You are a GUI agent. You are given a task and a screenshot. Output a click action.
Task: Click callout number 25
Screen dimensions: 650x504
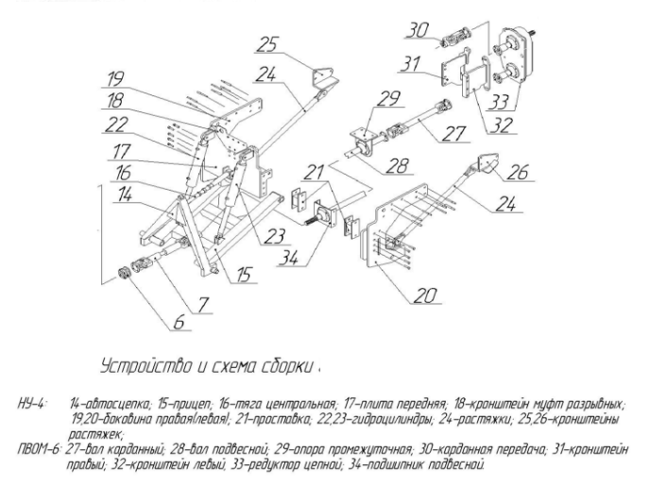pyautogui.click(x=266, y=44)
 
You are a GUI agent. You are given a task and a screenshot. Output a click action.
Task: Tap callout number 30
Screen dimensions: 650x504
pyautogui.click(x=418, y=30)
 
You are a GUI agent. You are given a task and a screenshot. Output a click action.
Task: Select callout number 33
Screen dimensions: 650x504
pyautogui.click(x=498, y=102)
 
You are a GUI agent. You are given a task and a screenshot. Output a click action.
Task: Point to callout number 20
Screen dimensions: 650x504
pyautogui.click(x=425, y=295)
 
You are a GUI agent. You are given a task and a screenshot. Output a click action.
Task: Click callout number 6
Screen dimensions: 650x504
pyautogui.click(x=179, y=322)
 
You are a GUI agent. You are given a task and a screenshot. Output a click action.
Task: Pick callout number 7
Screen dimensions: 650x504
pyautogui.click(x=203, y=305)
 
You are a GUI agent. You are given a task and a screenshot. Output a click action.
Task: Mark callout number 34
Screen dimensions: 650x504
pyautogui.click(x=288, y=258)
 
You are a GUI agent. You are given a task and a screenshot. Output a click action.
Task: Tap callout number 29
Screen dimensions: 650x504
pyautogui.click(x=388, y=98)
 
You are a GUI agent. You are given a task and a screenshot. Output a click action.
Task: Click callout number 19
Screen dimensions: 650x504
pyautogui.click(x=115, y=78)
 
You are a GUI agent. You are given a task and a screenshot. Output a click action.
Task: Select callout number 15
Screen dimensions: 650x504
pyautogui.click(x=245, y=274)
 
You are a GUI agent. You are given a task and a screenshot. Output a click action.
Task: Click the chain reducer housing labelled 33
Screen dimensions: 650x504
pyautogui.click(x=515, y=55)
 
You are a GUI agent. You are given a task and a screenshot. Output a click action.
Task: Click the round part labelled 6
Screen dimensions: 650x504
pyautogui.click(x=125, y=274)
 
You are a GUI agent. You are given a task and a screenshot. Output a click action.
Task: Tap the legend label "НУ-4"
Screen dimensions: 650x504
pyautogui.click(x=30, y=403)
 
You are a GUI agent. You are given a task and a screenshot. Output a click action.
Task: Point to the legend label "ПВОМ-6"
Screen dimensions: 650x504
pyautogui.click(x=40, y=449)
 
